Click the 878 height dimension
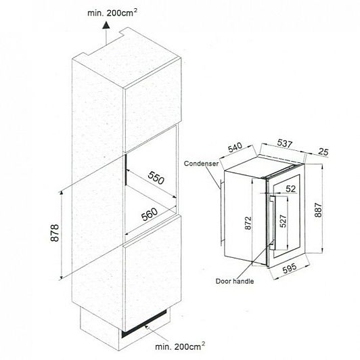click(x=55, y=233)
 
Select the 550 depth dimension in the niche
click(x=156, y=178)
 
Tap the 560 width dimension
click(x=150, y=215)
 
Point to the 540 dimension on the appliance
click(x=235, y=148)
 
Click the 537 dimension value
click(x=285, y=143)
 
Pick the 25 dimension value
click(x=323, y=152)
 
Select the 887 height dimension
click(x=318, y=210)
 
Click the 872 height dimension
click(x=248, y=223)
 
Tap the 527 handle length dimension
click(x=284, y=221)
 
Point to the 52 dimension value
click(x=291, y=189)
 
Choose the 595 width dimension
click(x=290, y=269)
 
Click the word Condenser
click(x=201, y=164)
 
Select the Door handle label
click(x=235, y=282)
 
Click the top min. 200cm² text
click(x=112, y=13)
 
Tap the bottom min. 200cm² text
click(x=180, y=346)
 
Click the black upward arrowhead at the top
click(x=106, y=25)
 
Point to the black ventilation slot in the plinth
click(x=144, y=323)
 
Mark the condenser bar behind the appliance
click(x=221, y=212)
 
